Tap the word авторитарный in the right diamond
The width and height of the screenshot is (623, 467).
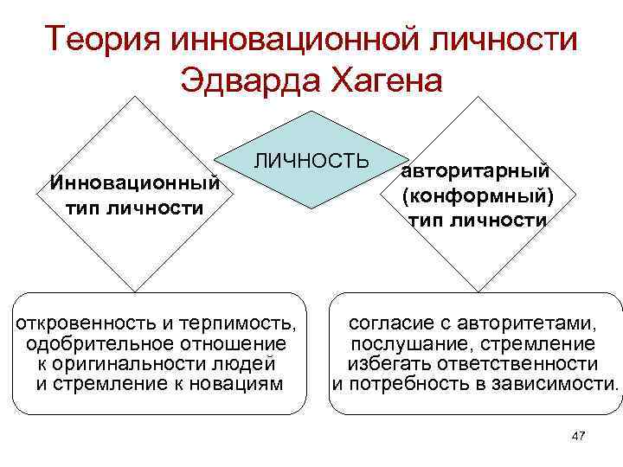pos(476,172)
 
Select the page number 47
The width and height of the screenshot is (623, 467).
pos(579,436)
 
